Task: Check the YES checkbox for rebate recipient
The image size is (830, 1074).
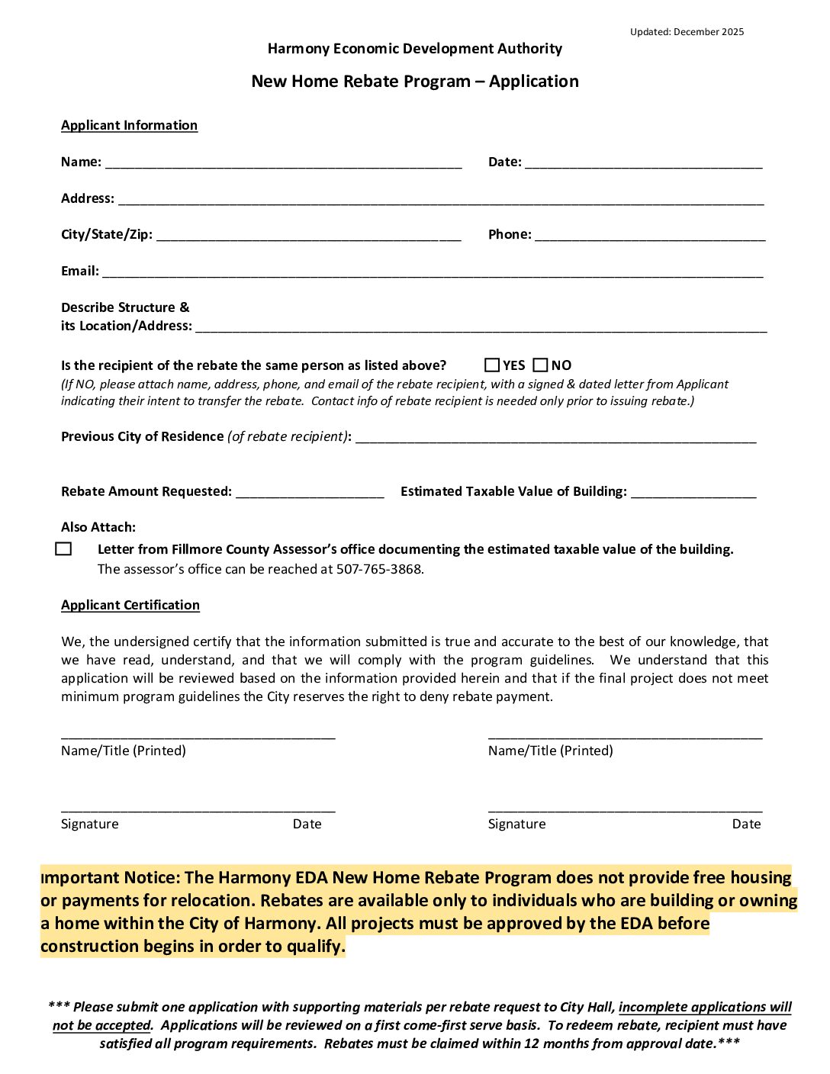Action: [x=492, y=365]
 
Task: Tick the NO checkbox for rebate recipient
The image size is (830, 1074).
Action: [x=541, y=365]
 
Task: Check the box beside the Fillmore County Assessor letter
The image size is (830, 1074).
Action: [x=64, y=549]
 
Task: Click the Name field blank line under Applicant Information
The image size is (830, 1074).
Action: [x=283, y=162]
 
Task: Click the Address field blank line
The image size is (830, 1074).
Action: [x=440, y=198]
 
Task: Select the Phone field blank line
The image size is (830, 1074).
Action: [x=649, y=235]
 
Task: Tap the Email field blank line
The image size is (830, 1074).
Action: [x=432, y=272]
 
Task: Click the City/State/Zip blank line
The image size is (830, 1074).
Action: [x=308, y=235]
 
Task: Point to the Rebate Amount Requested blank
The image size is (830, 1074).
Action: [x=310, y=492]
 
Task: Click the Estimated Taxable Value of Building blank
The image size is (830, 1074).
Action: [x=693, y=492]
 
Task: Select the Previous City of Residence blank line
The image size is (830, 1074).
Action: [x=555, y=437]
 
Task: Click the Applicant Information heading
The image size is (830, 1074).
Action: [x=129, y=125]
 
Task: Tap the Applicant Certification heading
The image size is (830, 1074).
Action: [x=130, y=605]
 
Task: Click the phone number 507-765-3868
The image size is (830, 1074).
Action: [x=379, y=569]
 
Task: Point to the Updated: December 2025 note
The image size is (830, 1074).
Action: [x=687, y=32]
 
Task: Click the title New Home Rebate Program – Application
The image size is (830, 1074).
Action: [x=415, y=82]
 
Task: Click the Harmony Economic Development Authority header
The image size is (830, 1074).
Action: [x=415, y=49]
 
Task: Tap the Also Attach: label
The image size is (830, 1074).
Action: [x=98, y=527]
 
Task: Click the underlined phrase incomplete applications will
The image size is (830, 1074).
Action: [x=705, y=1007]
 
